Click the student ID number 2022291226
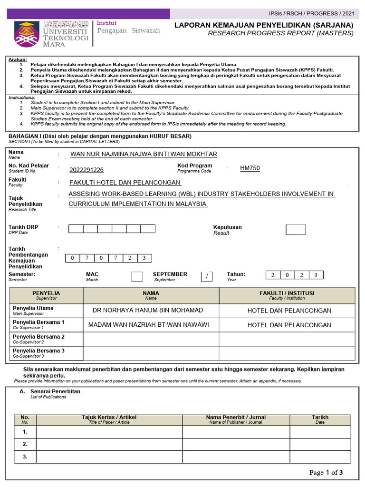pos(86,170)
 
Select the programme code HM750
pos(250,168)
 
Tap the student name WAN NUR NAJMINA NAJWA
pos(144,154)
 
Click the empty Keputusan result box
pos(296,230)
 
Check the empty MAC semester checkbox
pos(137,276)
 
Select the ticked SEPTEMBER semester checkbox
pos(207,276)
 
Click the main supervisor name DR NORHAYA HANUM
pos(148,310)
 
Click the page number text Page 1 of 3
pos(326,472)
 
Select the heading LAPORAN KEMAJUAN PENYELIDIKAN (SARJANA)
pos(264,25)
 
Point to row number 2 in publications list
pos(25,444)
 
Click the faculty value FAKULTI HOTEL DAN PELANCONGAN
pos(125,182)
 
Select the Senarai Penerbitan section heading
pos(55,391)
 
